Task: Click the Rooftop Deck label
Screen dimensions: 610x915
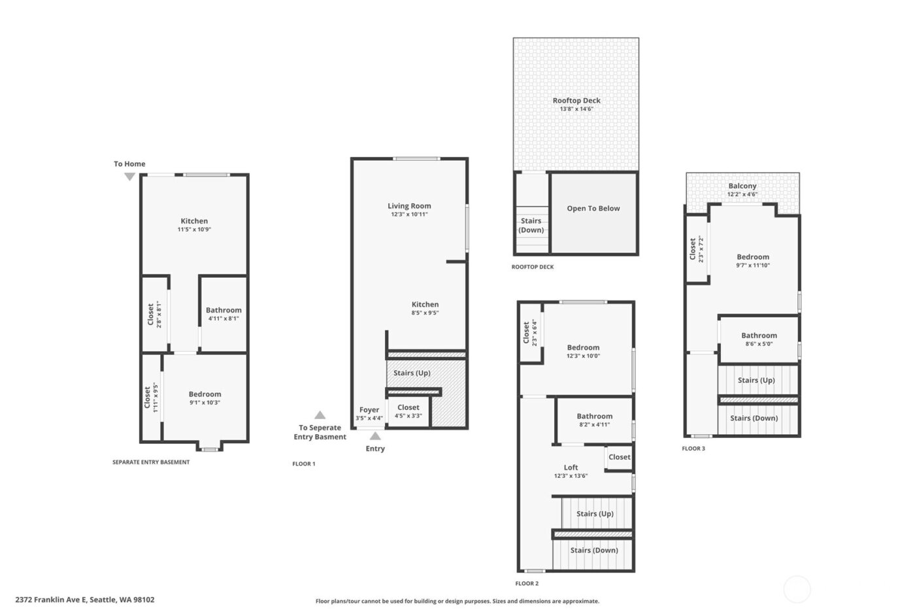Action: [x=576, y=101]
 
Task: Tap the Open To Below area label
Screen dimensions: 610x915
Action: [x=593, y=209]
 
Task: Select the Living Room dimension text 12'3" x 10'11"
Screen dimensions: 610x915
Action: [x=409, y=214]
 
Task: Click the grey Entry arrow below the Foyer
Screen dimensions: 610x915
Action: [x=375, y=436]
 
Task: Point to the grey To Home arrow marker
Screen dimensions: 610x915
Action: [x=129, y=177]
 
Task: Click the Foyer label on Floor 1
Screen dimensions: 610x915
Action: [x=369, y=410]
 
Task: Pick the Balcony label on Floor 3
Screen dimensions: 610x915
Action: [x=742, y=186]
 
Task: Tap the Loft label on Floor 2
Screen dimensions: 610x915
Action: [x=571, y=467]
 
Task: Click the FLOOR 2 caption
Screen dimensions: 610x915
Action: [x=527, y=584]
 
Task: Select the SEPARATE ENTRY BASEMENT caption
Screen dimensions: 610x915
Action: [x=151, y=462]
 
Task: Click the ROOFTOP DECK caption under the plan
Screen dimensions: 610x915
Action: [x=533, y=267]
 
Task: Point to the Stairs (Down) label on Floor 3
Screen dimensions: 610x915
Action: [x=754, y=418]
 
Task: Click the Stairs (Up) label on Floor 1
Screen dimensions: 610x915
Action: [x=412, y=373]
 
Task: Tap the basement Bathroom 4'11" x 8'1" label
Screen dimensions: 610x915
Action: [x=224, y=314]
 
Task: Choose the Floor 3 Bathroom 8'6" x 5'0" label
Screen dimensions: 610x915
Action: [x=759, y=339]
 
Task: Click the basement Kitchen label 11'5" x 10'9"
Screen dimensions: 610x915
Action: [x=194, y=225]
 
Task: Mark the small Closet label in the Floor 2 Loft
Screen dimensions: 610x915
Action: [x=619, y=457]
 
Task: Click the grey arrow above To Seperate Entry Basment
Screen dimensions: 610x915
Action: [x=320, y=415]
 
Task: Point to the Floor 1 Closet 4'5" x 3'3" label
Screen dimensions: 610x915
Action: [x=408, y=411]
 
